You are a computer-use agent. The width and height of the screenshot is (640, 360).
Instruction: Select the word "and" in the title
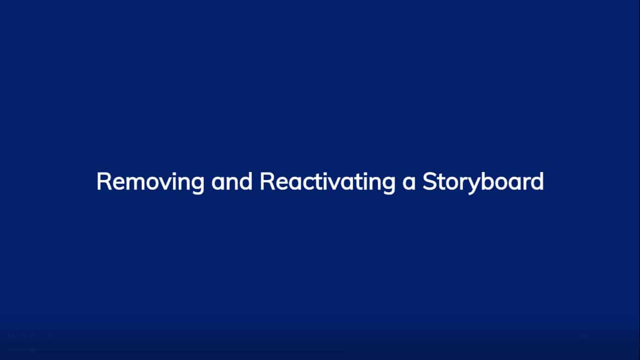(x=231, y=182)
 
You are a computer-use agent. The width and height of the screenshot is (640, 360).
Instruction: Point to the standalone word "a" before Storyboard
(x=409, y=183)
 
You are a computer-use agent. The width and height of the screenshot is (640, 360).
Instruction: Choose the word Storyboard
(x=483, y=182)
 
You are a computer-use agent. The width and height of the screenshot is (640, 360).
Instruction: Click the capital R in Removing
(x=103, y=181)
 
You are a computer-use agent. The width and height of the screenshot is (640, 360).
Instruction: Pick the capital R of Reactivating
(x=266, y=181)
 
